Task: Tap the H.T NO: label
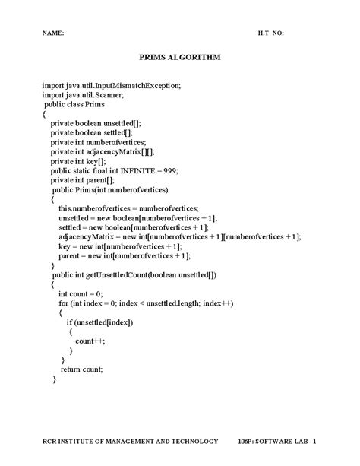(x=271, y=34)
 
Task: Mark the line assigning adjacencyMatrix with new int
(x=178, y=236)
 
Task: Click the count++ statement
(x=90, y=341)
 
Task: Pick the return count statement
(x=81, y=369)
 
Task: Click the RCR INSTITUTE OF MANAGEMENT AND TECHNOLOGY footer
(x=130, y=442)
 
